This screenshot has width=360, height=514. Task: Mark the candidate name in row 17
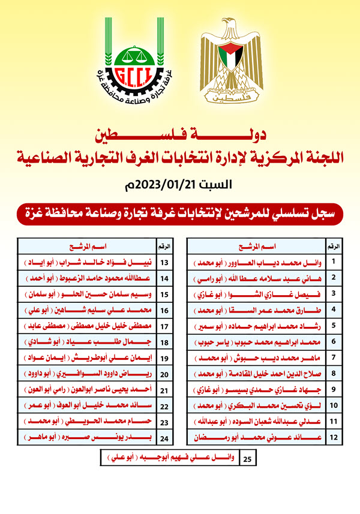pyautogui.click(x=89, y=324)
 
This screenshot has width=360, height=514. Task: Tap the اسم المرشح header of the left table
pyautogui.click(x=89, y=246)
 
